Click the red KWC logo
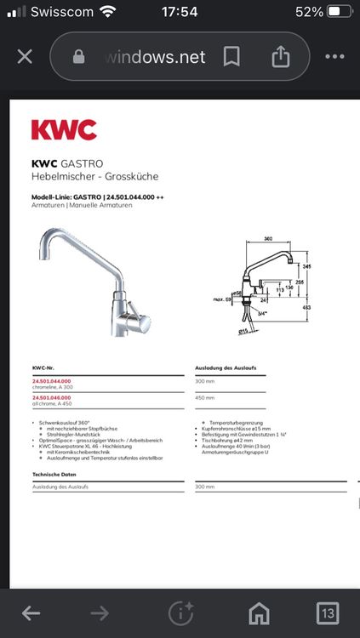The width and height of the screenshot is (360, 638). pyautogui.click(x=64, y=130)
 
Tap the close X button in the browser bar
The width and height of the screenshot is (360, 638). pyautogui.click(x=25, y=57)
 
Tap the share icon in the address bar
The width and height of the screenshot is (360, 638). pyautogui.click(x=280, y=57)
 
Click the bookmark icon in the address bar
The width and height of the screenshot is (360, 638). pyautogui.click(x=231, y=57)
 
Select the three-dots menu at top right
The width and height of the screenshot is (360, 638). pyautogui.click(x=334, y=57)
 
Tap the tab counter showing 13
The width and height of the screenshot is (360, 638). pyautogui.click(x=327, y=612)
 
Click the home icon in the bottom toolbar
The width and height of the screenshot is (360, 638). pyautogui.click(x=259, y=612)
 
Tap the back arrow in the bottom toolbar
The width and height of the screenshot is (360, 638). pyautogui.click(x=31, y=612)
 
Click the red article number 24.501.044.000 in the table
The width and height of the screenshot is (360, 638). pyautogui.click(x=52, y=381)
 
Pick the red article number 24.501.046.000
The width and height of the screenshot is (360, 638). pyautogui.click(x=52, y=397)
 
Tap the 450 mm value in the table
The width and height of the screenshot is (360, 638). pyautogui.click(x=205, y=397)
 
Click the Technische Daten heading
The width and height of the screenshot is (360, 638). pyautogui.click(x=54, y=473)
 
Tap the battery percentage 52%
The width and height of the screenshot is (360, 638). pyautogui.click(x=309, y=12)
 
